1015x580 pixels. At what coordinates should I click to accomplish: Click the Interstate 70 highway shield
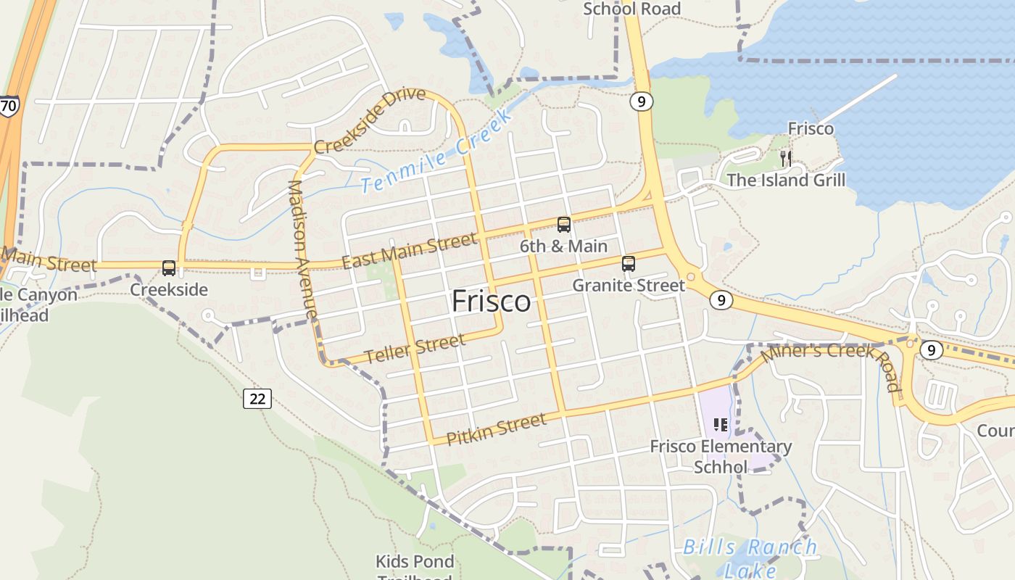[9, 106]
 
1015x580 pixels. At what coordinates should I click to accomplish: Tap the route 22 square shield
[257, 398]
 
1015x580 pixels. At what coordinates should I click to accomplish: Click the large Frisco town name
[491, 302]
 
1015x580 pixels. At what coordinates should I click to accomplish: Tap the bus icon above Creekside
[169, 268]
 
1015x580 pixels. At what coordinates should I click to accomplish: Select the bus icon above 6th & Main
[563, 225]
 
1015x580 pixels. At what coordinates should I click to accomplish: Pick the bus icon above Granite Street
[629, 264]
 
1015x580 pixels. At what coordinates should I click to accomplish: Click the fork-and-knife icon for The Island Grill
[785, 158]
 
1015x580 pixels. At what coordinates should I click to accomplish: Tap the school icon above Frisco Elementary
[720, 424]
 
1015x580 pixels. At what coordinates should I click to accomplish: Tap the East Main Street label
[410, 250]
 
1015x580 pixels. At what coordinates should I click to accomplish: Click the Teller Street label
[414, 349]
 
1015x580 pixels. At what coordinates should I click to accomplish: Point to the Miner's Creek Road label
[830, 365]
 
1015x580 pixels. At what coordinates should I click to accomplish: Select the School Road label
[631, 9]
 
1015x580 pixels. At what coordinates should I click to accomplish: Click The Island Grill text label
[786, 180]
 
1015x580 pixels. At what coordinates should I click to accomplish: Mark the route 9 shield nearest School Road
[641, 101]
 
